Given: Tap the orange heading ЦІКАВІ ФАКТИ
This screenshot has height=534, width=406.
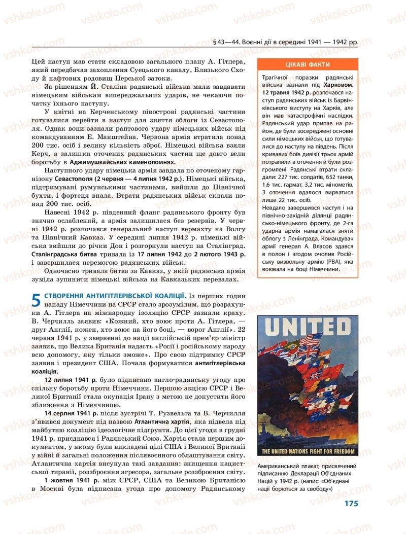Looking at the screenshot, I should point(308,64).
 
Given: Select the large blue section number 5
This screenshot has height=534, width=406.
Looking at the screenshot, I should point(36,300).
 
